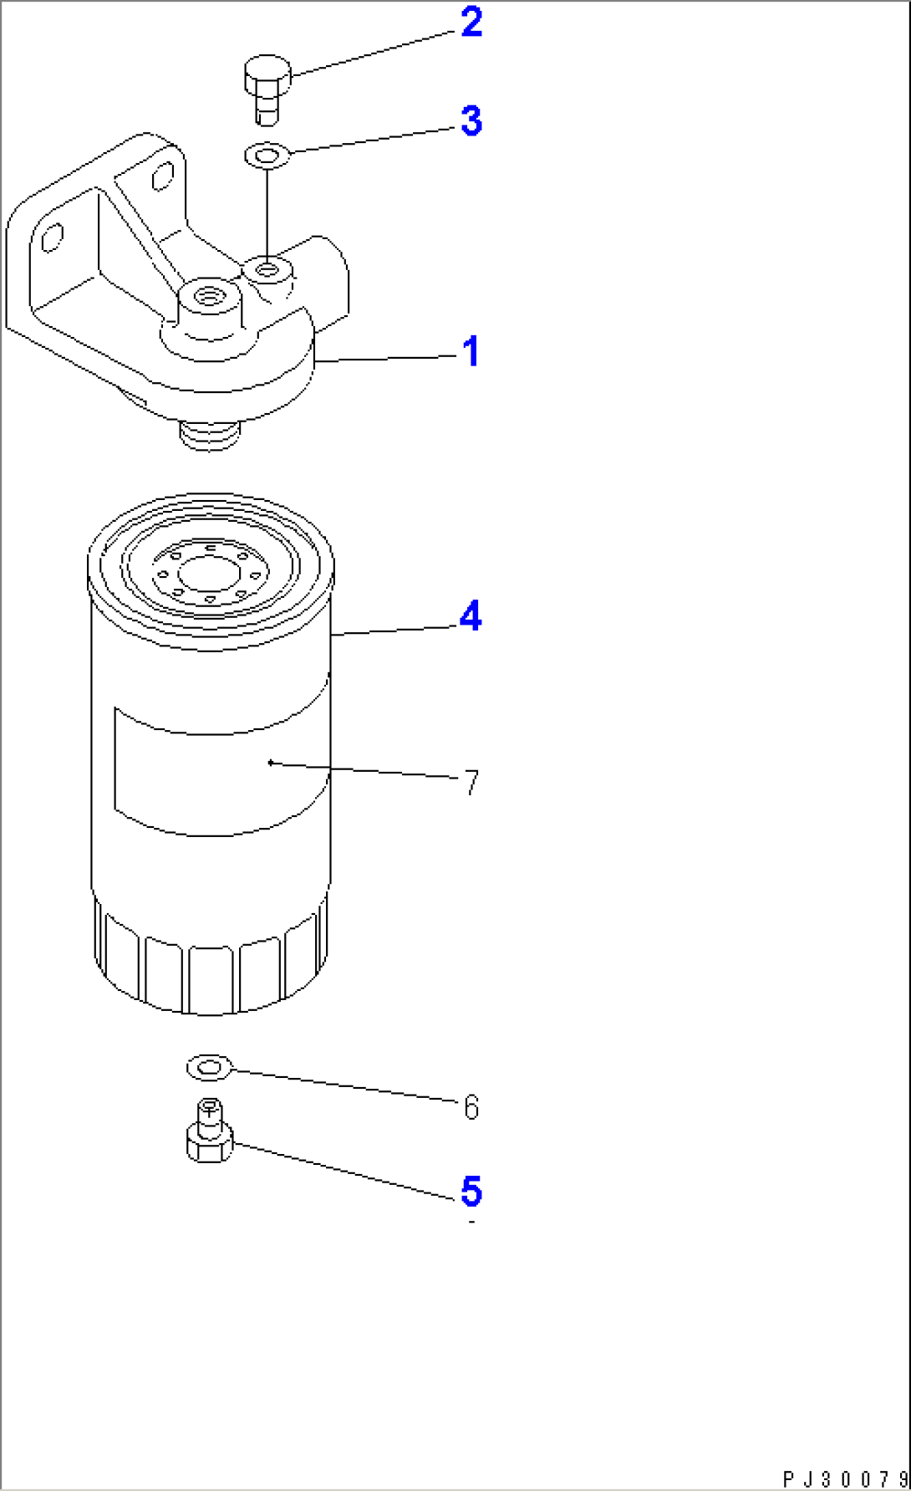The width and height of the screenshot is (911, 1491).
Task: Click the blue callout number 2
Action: [471, 23]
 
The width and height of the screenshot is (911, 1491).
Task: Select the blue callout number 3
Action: [471, 121]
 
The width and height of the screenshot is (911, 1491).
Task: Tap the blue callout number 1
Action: [471, 351]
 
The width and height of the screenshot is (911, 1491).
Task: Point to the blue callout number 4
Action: [471, 617]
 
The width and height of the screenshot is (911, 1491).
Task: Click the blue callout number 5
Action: [471, 1191]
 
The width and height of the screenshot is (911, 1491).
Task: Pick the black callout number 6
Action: [471, 1107]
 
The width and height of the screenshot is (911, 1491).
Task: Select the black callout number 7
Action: [471, 784]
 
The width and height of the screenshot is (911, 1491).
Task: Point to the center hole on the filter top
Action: [210, 574]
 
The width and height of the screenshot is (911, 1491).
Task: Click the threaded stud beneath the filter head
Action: [210, 434]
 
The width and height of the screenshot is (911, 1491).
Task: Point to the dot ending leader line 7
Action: [270, 762]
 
